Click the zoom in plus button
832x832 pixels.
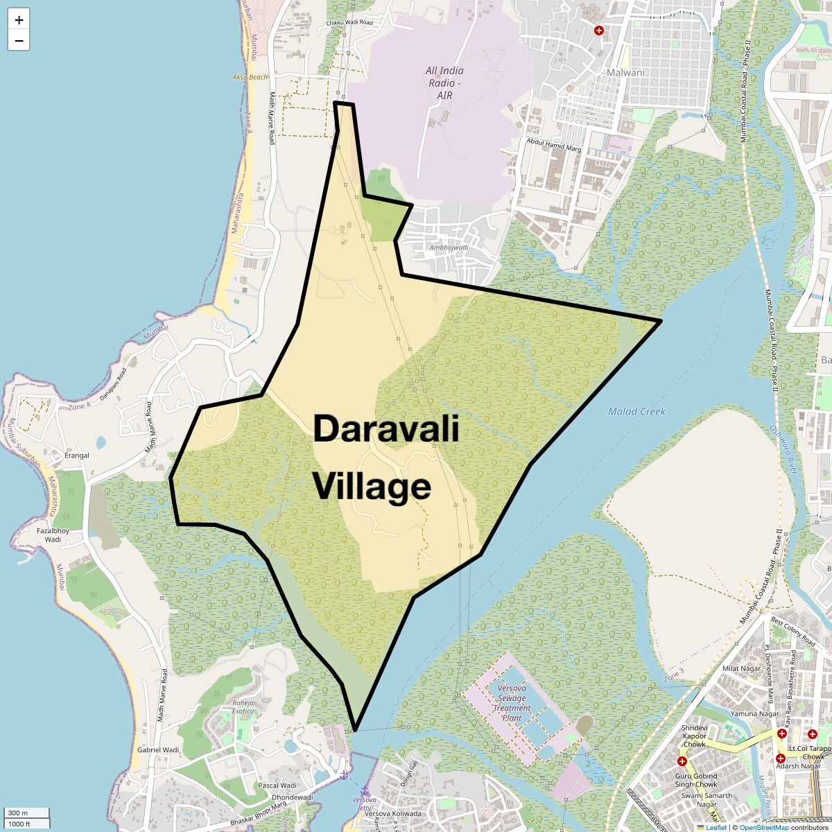(x=19, y=19)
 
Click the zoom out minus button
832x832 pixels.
(x=19, y=40)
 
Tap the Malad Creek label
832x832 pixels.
(x=636, y=411)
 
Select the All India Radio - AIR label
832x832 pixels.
(x=444, y=82)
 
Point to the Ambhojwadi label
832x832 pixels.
(x=449, y=248)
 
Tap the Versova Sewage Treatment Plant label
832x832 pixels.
(x=512, y=703)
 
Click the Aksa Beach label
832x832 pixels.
(x=250, y=77)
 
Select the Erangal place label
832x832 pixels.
(x=76, y=456)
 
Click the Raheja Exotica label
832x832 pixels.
(x=243, y=707)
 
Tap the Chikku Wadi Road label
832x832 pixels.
(x=349, y=23)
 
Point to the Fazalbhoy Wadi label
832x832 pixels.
(x=53, y=535)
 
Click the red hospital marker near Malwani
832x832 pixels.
(x=599, y=31)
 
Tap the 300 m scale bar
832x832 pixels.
(x=26, y=813)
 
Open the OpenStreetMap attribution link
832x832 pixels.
(x=763, y=827)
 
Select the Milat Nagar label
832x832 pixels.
(x=741, y=668)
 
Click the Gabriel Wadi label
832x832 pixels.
(x=158, y=749)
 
